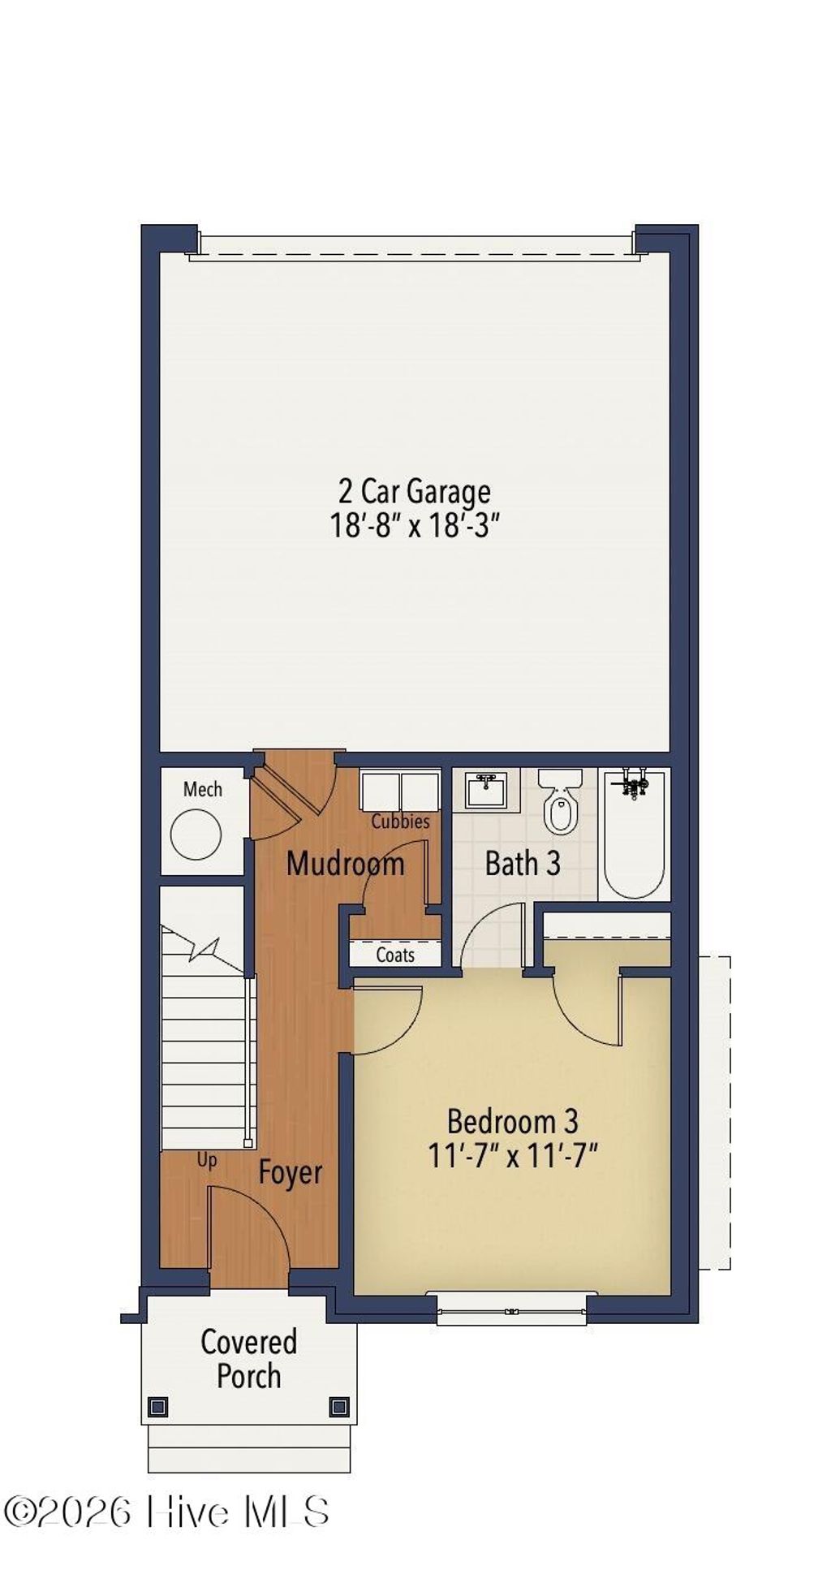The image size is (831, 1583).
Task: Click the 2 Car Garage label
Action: (x=415, y=491)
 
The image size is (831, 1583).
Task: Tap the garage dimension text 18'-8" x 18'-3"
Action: (x=415, y=526)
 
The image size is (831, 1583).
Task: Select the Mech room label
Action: (x=202, y=789)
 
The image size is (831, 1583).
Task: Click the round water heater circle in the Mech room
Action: (x=196, y=834)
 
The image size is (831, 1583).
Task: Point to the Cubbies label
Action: (x=400, y=822)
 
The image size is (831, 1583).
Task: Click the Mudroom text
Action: (x=345, y=863)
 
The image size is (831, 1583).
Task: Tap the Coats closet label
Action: (x=395, y=955)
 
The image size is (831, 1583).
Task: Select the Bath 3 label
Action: (x=523, y=863)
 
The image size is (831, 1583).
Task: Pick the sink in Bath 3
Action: (x=485, y=790)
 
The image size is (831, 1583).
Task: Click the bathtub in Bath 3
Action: (x=635, y=836)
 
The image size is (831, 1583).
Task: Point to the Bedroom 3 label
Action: (x=513, y=1121)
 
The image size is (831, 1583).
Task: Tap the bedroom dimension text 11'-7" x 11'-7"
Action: (x=513, y=1155)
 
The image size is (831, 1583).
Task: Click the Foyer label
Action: (x=290, y=1172)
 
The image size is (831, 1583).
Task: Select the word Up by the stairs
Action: (x=207, y=1160)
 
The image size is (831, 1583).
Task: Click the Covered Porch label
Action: (x=248, y=1359)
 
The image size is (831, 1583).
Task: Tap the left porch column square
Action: (x=158, y=1406)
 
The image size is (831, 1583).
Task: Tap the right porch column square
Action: (x=339, y=1406)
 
